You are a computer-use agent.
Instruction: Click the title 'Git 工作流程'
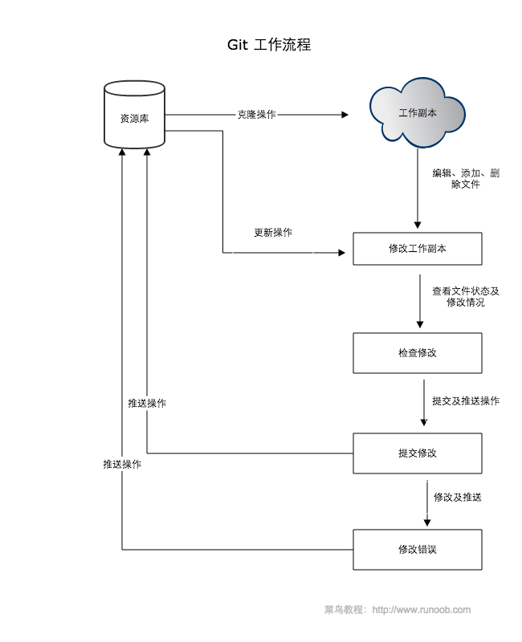(x=269, y=45)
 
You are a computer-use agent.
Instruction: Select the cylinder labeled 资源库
(x=134, y=118)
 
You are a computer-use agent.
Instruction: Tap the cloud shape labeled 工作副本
(x=418, y=114)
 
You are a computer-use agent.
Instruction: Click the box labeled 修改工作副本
(x=418, y=249)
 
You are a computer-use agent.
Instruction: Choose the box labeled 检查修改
(x=418, y=353)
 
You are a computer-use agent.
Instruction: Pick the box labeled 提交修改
(x=418, y=453)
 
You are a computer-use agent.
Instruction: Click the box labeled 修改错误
(x=418, y=550)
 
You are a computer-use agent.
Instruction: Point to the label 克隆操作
(x=256, y=115)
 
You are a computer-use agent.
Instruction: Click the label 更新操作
(x=273, y=233)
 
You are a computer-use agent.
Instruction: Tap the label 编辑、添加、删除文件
(x=466, y=179)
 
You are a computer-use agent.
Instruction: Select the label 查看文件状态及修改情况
(x=466, y=297)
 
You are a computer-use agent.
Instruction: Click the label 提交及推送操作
(x=466, y=400)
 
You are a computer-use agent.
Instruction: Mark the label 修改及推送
(x=458, y=498)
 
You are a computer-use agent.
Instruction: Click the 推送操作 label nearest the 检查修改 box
(x=147, y=404)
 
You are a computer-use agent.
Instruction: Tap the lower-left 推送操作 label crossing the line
(x=122, y=465)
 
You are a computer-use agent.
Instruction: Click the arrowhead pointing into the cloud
(x=345, y=115)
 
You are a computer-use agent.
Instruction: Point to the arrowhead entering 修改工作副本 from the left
(x=348, y=253)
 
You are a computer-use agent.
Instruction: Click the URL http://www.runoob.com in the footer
(x=422, y=610)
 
